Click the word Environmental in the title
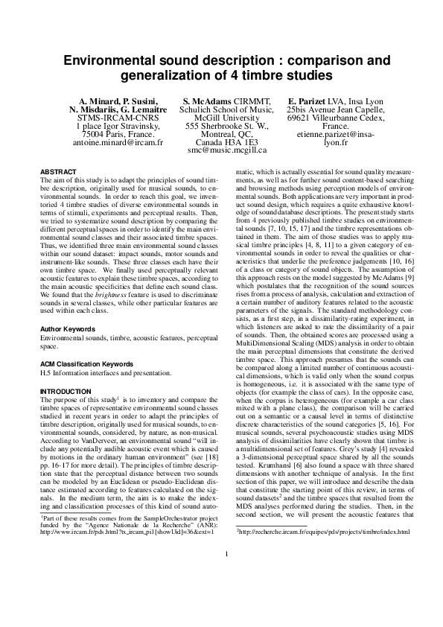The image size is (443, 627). coord(115,59)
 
